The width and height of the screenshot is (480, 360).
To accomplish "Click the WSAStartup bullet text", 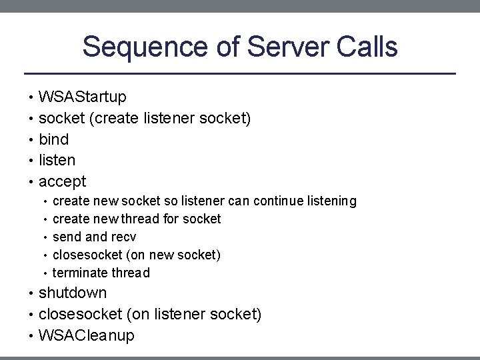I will (x=83, y=97).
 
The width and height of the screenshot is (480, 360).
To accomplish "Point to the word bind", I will (x=54, y=139).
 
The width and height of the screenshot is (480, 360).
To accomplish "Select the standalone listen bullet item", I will (x=57, y=160).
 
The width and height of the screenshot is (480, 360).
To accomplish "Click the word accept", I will (x=63, y=181).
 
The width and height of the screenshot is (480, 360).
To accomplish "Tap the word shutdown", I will (x=73, y=293).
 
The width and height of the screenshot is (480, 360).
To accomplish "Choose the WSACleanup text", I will (x=87, y=335).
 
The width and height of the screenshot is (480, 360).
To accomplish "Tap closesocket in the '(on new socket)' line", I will (x=85, y=255).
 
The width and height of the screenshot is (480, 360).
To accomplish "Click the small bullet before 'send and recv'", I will (x=45, y=237).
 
